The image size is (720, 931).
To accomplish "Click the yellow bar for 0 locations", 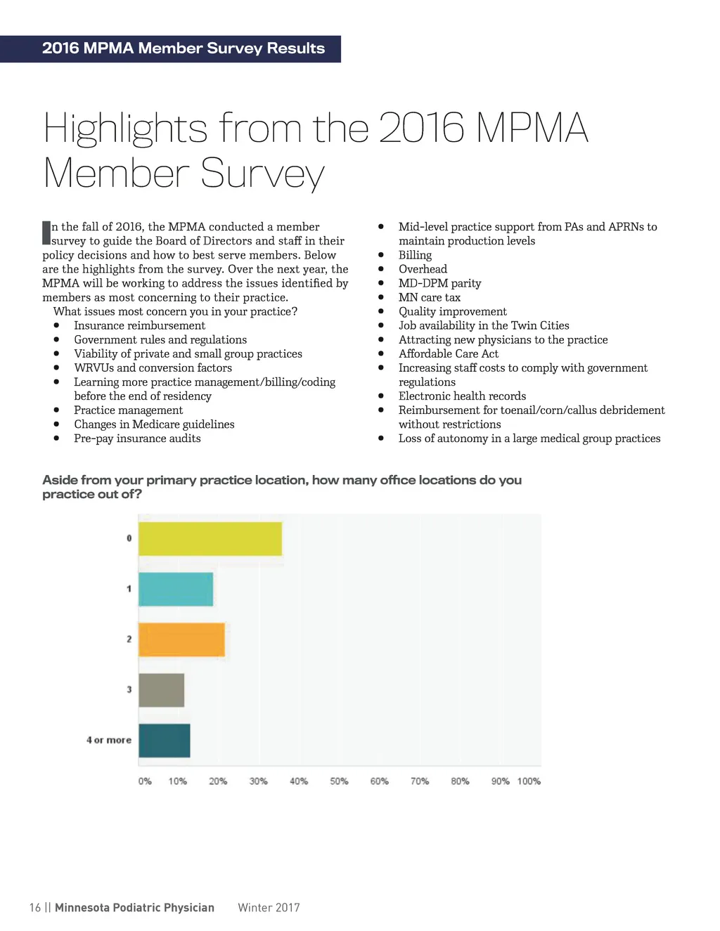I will (210, 539).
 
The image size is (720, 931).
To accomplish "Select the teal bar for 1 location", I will (176, 589).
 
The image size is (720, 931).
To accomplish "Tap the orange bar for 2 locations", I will (181, 639).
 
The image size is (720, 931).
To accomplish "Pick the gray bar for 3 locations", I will (161, 690).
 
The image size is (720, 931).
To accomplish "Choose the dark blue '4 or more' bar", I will (164, 741).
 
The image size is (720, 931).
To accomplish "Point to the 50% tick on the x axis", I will (339, 781).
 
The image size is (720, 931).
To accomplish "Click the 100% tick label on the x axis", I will (529, 781).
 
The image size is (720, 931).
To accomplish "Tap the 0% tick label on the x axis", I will (145, 781).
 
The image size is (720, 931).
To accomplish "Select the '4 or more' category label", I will (109, 740).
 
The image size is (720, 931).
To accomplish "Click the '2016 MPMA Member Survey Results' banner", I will (183, 48).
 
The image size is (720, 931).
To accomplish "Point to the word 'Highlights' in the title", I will (126, 129).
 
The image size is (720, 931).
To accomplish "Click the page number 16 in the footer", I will (35, 907).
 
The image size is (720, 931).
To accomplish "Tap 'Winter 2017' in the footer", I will (269, 907).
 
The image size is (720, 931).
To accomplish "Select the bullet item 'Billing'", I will (415, 255).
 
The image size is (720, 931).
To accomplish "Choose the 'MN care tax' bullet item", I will (430, 297).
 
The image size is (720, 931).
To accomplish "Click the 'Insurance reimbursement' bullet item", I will (139, 325).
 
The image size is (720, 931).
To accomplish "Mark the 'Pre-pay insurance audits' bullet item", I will (137, 438).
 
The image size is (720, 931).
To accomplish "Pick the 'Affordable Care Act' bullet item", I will (449, 353).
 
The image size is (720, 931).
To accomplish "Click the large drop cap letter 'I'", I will (46, 233).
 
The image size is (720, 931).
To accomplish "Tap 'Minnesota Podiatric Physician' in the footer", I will (134, 907).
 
